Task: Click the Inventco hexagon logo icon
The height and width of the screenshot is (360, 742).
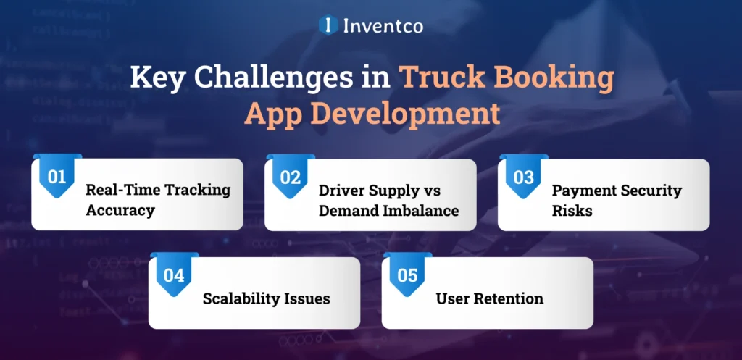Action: click(328, 25)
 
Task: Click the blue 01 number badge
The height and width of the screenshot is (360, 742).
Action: click(57, 177)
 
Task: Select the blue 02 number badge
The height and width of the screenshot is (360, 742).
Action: click(290, 177)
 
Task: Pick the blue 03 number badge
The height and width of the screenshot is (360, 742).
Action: click(523, 177)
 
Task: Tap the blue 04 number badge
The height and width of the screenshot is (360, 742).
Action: click(174, 275)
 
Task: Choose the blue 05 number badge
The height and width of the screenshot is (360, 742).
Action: click(407, 275)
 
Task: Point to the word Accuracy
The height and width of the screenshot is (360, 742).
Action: click(120, 211)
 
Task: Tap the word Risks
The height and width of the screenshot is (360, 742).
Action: click(570, 211)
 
